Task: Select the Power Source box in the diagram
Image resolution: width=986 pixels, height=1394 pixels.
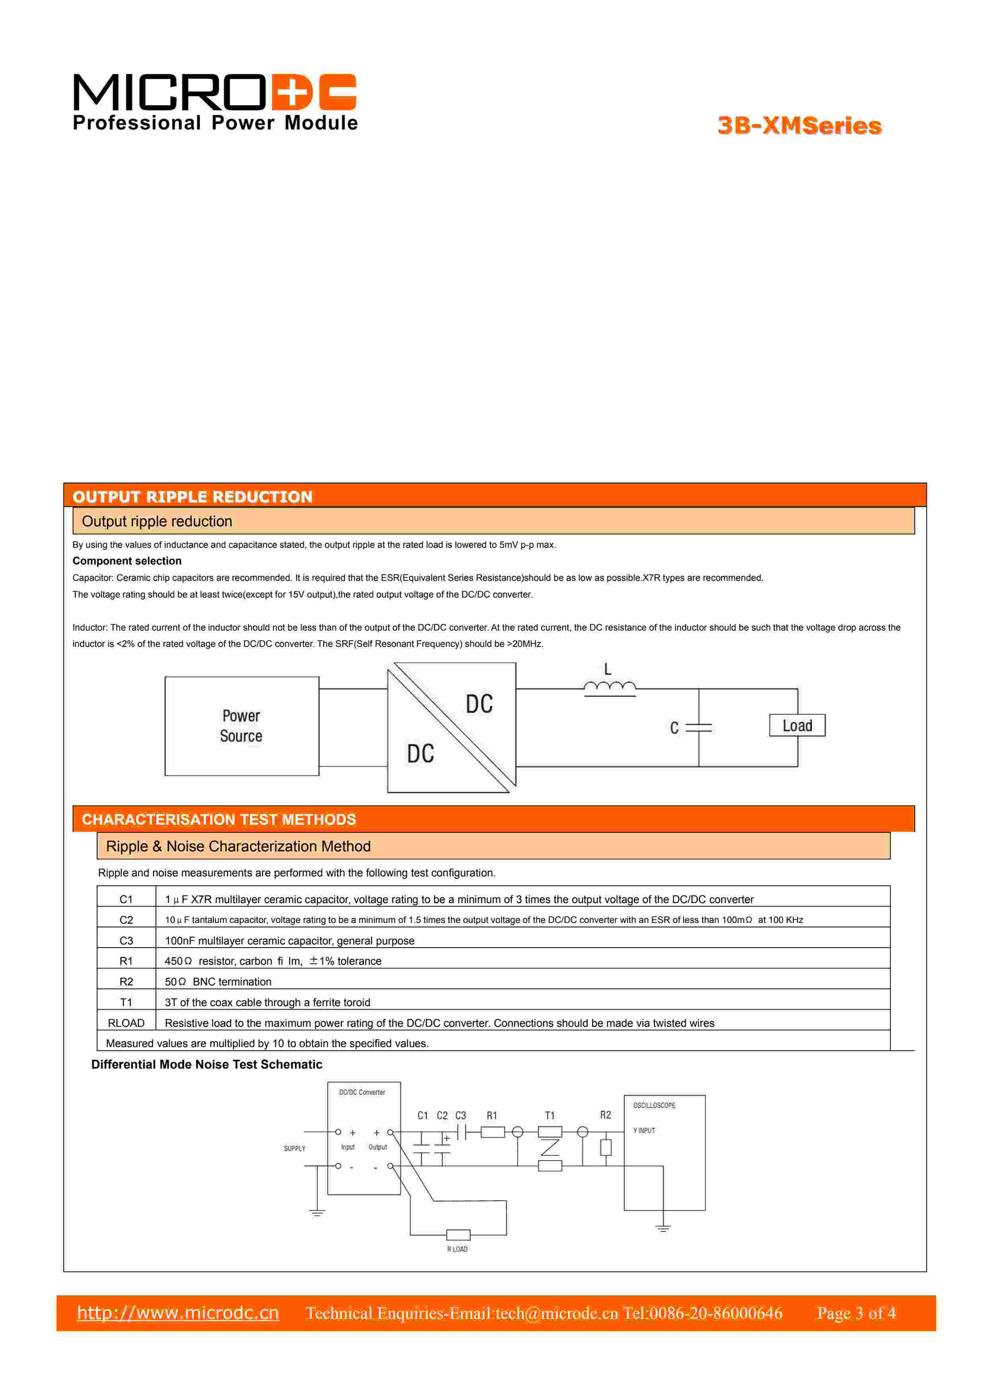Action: (242, 726)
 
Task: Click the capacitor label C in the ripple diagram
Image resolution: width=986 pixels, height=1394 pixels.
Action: (674, 728)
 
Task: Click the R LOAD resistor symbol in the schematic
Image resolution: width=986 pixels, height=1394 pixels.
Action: (458, 1235)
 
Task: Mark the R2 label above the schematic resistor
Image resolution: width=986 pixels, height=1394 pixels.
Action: (605, 1115)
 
